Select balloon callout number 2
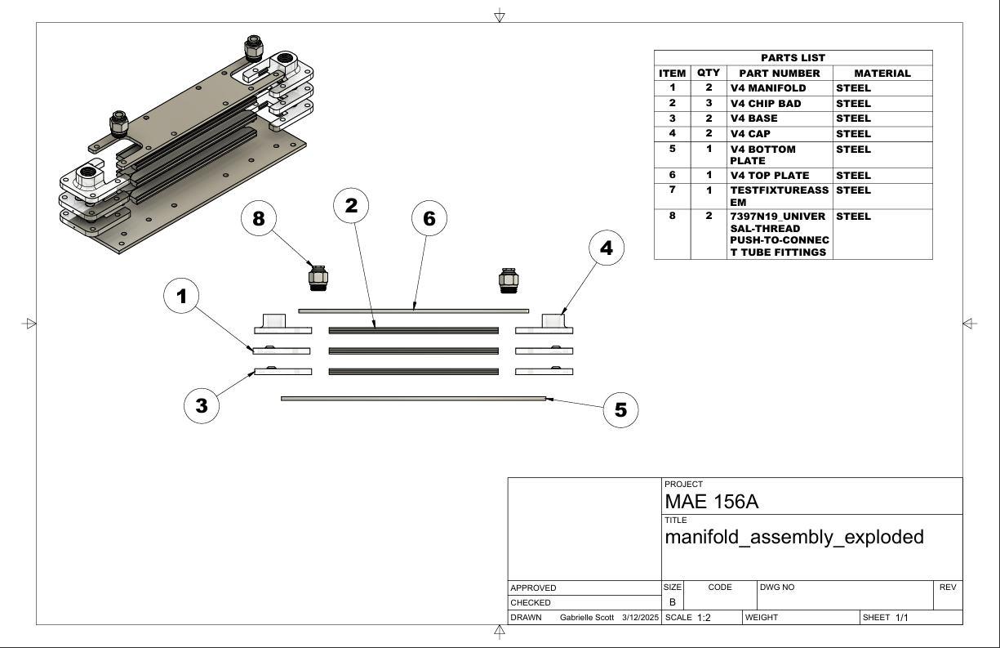(351, 206)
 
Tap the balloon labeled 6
(430, 220)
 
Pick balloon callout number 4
(606, 249)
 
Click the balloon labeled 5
(620, 410)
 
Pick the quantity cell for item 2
(709, 104)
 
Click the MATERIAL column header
(881, 74)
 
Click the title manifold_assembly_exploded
(794, 538)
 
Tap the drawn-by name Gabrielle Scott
(587, 618)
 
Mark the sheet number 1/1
(902, 618)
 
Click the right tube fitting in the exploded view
(507, 279)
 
